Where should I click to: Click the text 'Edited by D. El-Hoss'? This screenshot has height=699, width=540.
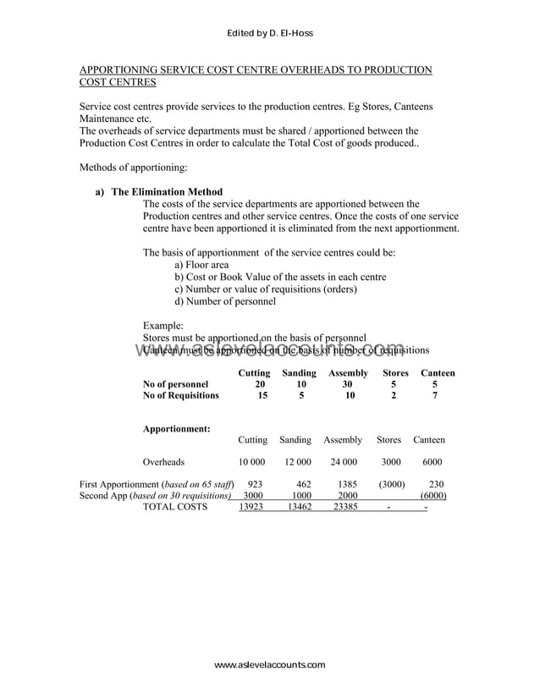[x=270, y=33]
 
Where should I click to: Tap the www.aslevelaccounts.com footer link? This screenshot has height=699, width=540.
[x=269, y=665]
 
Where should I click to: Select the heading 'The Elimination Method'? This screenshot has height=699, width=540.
[x=167, y=192]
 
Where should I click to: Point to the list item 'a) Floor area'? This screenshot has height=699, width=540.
[x=201, y=265]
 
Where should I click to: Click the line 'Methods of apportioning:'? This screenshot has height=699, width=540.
[x=133, y=168]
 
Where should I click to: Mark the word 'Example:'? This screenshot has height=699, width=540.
[x=163, y=325]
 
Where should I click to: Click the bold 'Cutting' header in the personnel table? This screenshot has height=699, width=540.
[x=254, y=372]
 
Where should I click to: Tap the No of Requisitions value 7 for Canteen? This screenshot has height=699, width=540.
[x=435, y=395]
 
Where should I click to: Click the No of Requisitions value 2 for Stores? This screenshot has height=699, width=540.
[x=394, y=395]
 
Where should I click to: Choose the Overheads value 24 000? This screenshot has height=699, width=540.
[x=343, y=462]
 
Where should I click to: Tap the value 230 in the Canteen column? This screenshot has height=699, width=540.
[x=437, y=484]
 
